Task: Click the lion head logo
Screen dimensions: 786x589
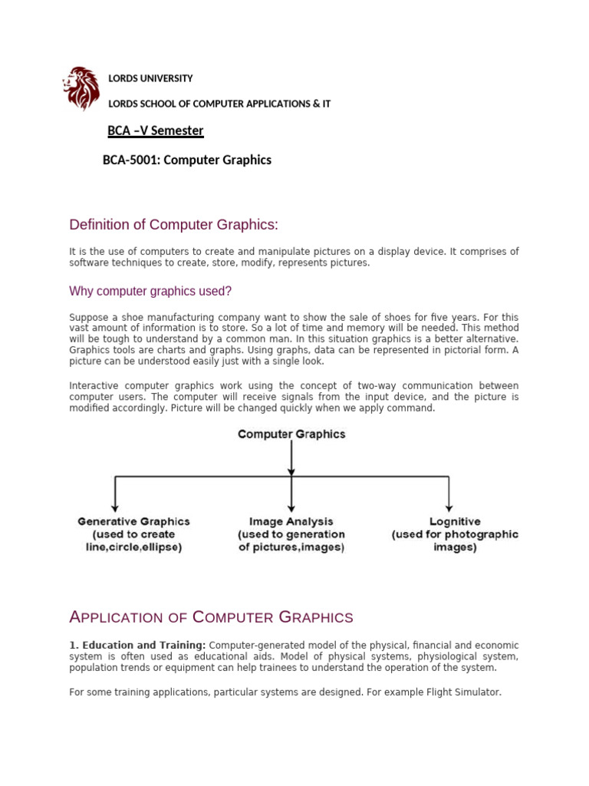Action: pyautogui.click(x=81, y=88)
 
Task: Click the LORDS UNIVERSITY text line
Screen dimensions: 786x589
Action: pyautogui.click(x=150, y=78)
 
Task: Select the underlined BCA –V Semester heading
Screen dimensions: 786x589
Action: pyautogui.click(x=156, y=130)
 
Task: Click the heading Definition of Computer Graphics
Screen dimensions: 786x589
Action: pyautogui.click(x=173, y=224)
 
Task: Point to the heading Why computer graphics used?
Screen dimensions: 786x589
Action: pyautogui.click(x=150, y=291)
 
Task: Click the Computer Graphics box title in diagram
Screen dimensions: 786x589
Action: pyautogui.click(x=291, y=434)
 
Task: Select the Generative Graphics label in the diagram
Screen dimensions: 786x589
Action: pyautogui.click(x=133, y=521)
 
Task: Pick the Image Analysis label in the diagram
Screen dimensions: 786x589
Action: pyautogui.click(x=291, y=521)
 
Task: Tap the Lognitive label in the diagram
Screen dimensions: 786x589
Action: pyautogui.click(x=455, y=521)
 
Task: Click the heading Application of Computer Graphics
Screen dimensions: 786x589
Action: pyautogui.click(x=211, y=617)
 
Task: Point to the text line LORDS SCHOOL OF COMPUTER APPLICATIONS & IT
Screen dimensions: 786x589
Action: pyautogui.click(x=219, y=104)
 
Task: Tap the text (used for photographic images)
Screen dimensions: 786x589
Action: pyautogui.click(x=455, y=541)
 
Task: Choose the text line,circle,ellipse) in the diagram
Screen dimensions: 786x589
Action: pyautogui.click(x=133, y=547)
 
